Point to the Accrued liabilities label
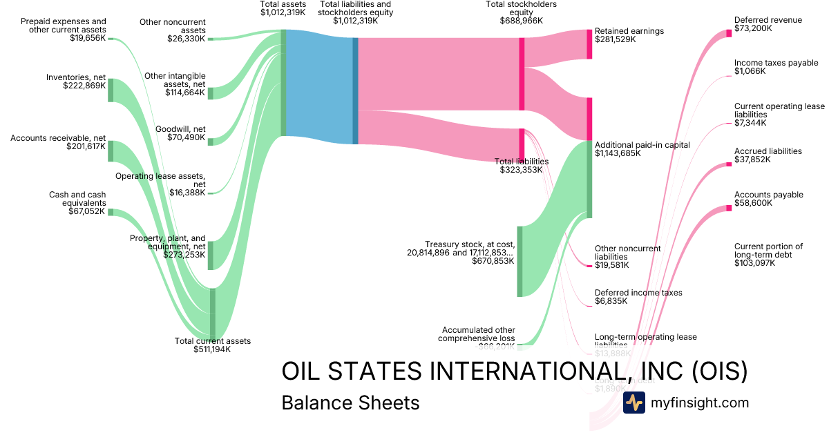tap(768, 155)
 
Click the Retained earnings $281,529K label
tap(629, 35)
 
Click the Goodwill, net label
tap(180, 133)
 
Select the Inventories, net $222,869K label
tap(76, 81)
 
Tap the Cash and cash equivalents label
tap(77, 203)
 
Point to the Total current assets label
tap(212, 345)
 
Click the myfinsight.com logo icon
tap(633, 403)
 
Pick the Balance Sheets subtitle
tap(350, 403)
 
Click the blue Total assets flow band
tap(318, 90)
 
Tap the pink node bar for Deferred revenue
tap(729, 33)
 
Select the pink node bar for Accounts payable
tap(729, 209)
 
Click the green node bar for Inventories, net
tap(111, 90)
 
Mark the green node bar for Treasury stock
tap(520, 261)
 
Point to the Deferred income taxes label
tap(638, 297)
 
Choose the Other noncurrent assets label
tap(173, 30)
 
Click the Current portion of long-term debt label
tap(768, 255)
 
